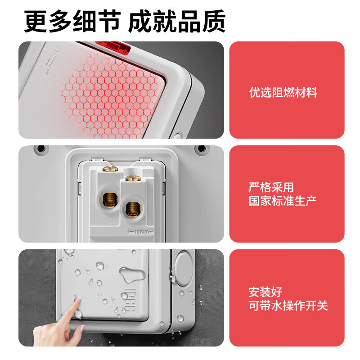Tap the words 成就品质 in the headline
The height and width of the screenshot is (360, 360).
click(x=177, y=21)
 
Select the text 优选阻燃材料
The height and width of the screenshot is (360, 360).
click(x=283, y=93)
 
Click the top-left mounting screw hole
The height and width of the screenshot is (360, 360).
click(x=41, y=148)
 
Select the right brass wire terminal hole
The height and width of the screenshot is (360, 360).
click(x=131, y=208)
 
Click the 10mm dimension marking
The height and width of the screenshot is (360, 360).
click(x=141, y=232)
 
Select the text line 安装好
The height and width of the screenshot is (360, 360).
click(x=265, y=292)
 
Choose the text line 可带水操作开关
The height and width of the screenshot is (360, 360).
click(x=288, y=306)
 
